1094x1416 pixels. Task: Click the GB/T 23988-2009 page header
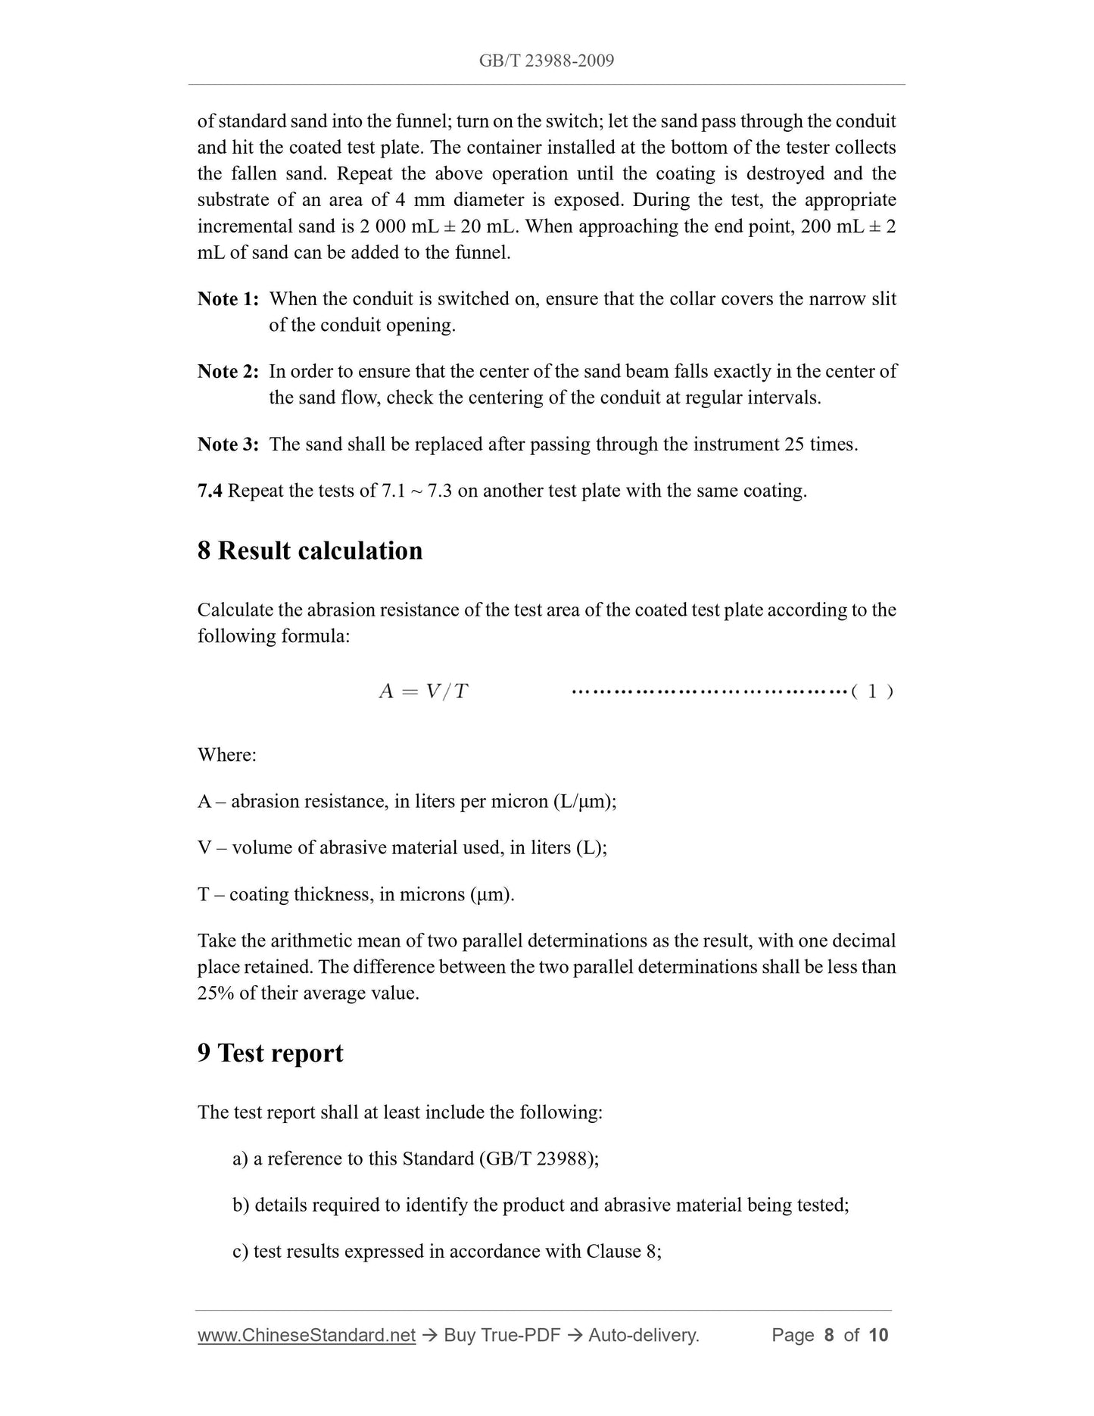pos(547,61)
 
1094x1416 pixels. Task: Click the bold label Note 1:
pos(228,299)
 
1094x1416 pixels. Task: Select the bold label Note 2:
pos(228,372)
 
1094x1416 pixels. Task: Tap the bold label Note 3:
pos(228,444)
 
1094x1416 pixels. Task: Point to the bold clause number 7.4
pos(210,491)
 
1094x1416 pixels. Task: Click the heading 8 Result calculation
pos(310,550)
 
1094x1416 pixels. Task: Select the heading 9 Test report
pos(270,1053)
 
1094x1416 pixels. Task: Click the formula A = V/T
pos(423,691)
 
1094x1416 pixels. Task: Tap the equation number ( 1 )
pos(872,691)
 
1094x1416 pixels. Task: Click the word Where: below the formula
pos(227,755)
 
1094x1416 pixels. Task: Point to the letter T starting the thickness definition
pos(204,894)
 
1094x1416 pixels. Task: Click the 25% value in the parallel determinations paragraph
pos(216,993)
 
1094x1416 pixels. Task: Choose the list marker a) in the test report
pos(241,1159)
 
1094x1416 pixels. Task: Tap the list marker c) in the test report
pos(241,1251)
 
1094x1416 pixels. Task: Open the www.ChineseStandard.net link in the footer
pos(307,1335)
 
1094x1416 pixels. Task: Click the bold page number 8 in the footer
pos(829,1335)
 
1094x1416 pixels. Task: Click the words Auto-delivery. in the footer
pos(644,1335)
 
